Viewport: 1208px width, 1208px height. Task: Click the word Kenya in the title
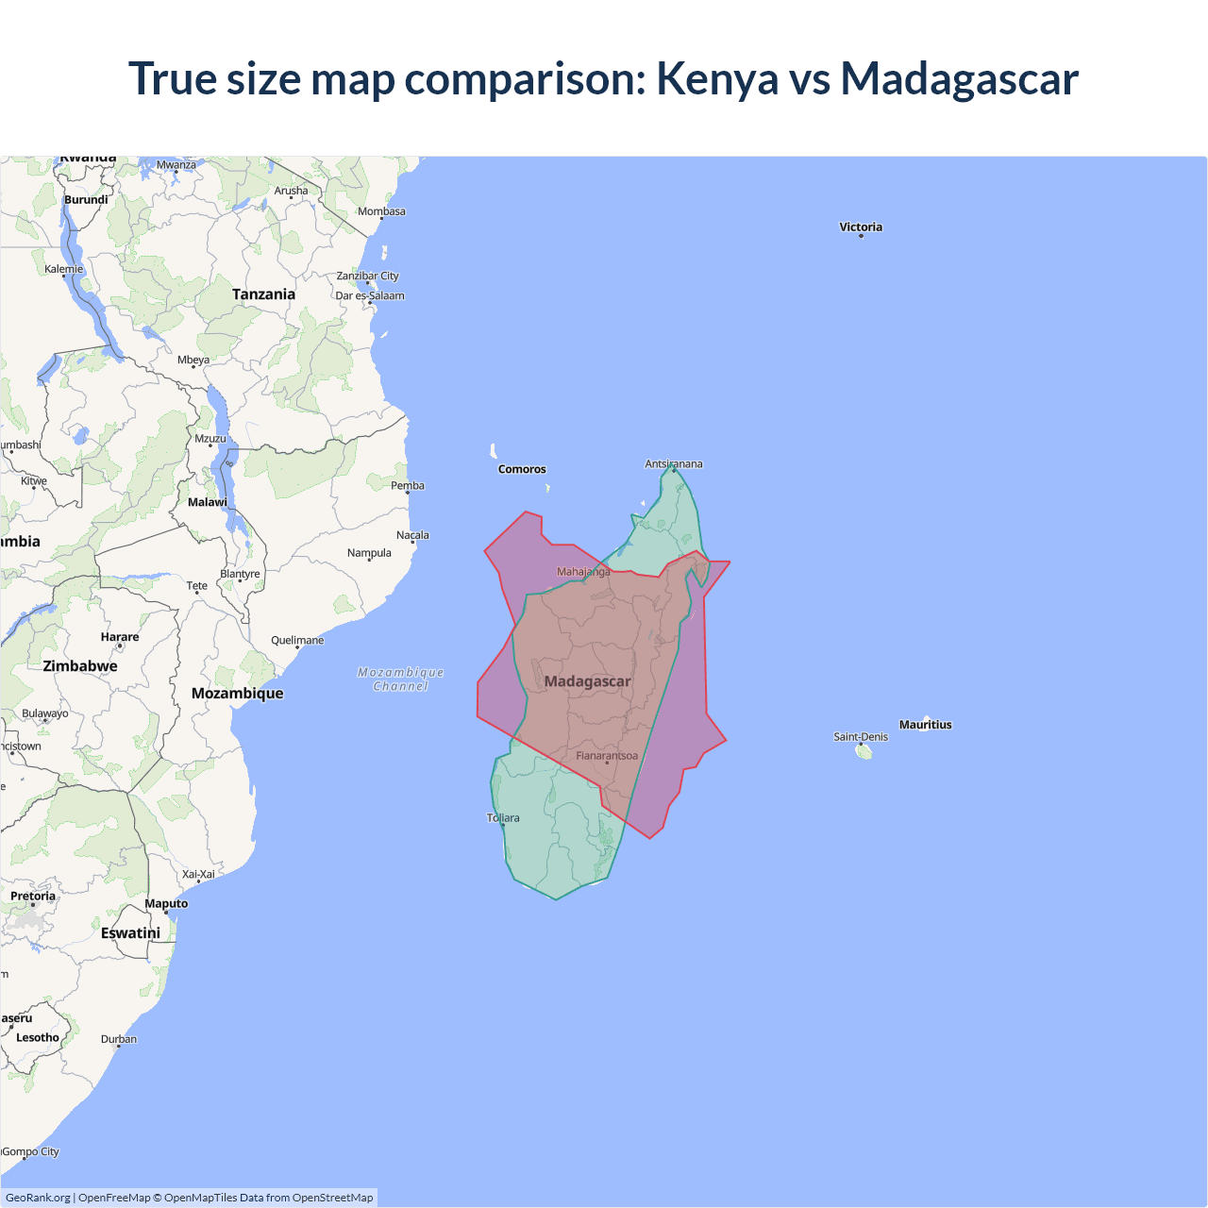pos(716,78)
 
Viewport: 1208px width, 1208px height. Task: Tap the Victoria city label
pos(861,226)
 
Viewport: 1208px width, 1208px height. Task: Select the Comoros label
pos(522,469)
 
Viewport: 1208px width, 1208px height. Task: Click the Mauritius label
pos(925,725)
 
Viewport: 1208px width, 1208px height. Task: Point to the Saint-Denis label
pos(861,737)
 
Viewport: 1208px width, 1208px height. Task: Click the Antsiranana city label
pos(674,463)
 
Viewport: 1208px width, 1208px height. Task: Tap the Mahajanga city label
pos(583,572)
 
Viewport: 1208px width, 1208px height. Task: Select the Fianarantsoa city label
pos(607,756)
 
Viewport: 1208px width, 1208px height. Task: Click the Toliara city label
pos(503,818)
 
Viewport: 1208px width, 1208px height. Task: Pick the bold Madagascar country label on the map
pos(587,681)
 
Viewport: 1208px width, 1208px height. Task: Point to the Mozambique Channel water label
pos(401,679)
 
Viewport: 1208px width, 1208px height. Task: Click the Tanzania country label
pos(263,294)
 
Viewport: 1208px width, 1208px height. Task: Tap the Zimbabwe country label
pos(80,666)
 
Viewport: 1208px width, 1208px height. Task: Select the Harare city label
pos(120,637)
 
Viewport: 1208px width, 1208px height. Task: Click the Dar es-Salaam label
pos(370,295)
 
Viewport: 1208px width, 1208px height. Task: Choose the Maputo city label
pos(166,903)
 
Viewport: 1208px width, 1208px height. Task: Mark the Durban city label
pos(119,1039)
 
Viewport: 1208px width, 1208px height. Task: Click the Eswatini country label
pos(130,933)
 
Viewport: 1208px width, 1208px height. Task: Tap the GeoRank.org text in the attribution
pos(38,1198)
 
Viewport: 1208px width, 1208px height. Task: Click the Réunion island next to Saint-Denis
pos(864,751)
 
